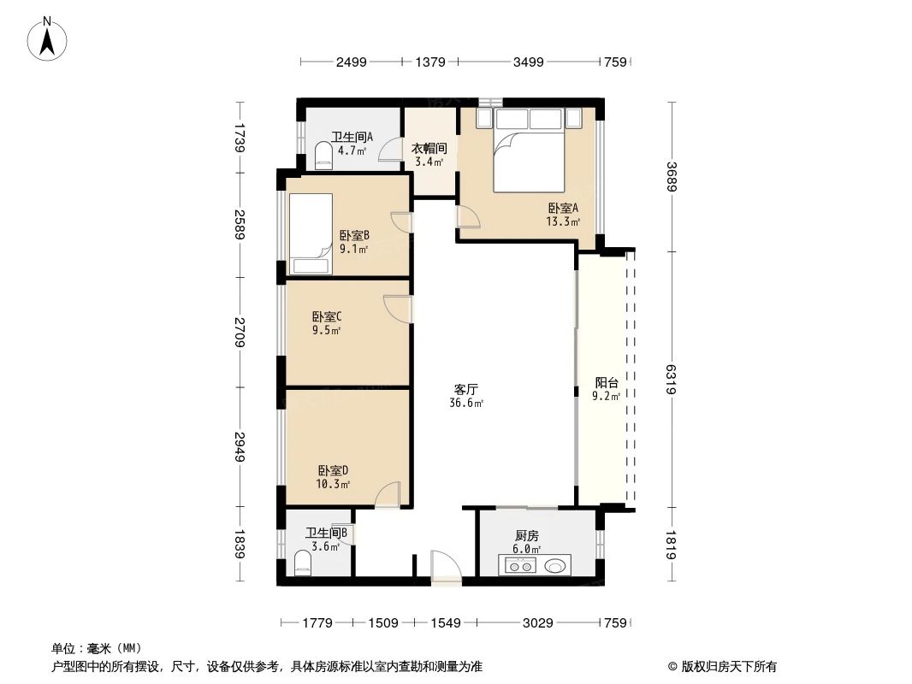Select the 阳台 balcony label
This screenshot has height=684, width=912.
click(606, 383)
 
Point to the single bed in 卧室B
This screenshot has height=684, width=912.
click(310, 232)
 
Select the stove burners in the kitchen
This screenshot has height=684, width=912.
click(519, 565)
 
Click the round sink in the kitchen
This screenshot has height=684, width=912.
click(557, 565)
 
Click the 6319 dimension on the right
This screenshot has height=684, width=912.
click(672, 380)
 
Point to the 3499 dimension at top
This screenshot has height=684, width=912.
click(528, 62)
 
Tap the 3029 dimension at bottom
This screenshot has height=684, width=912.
click(538, 623)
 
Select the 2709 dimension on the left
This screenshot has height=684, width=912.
click(242, 333)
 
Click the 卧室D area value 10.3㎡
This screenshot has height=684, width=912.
click(333, 484)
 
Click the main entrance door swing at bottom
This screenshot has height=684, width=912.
click(444, 567)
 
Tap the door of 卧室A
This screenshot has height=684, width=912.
click(469, 220)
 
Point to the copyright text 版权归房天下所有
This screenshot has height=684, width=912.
click(722, 667)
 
